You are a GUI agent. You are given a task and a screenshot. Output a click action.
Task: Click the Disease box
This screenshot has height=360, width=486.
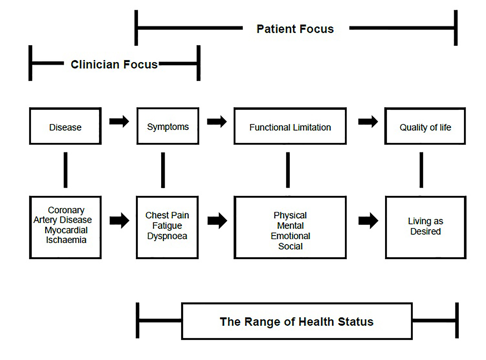[x=65, y=126]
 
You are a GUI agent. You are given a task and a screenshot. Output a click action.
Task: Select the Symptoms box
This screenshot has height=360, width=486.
[x=168, y=126]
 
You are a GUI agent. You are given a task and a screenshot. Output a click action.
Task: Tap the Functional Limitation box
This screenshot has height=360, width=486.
[x=290, y=127]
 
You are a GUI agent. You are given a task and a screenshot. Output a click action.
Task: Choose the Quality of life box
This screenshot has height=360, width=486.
[x=425, y=127]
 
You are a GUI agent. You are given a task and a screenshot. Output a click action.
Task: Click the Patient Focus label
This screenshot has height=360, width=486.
[x=295, y=29]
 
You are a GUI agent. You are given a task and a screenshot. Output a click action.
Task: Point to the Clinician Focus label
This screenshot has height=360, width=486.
[x=114, y=64]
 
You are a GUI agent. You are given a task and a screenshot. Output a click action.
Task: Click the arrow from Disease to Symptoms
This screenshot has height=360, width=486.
[x=119, y=121]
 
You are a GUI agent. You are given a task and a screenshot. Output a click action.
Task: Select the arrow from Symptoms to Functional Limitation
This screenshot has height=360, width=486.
[x=217, y=121]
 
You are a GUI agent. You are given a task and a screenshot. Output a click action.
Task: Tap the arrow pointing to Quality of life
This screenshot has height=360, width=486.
[x=368, y=121]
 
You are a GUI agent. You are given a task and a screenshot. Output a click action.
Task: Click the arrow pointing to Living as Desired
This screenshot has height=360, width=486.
[x=368, y=221]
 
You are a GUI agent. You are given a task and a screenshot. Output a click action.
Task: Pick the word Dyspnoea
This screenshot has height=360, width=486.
[x=167, y=236]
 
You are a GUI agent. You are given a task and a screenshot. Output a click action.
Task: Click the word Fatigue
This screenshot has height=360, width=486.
[x=167, y=226]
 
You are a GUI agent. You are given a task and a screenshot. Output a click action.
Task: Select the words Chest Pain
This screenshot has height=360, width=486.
[x=167, y=215]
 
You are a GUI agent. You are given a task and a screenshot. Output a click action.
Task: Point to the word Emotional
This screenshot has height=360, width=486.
[x=290, y=236]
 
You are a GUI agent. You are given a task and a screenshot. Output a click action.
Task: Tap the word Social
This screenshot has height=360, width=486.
[x=290, y=246]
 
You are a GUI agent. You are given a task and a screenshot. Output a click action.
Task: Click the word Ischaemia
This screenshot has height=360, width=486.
[x=66, y=240]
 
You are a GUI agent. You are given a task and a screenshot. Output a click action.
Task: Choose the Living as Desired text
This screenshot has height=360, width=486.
[x=425, y=226]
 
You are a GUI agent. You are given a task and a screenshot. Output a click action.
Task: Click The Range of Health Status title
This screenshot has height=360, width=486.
[x=297, y=322]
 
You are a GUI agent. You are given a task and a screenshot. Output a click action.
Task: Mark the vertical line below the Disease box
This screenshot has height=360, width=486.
[x=66, y=170]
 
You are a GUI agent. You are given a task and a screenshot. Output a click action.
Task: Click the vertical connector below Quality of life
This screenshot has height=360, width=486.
[x=421, y=170]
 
